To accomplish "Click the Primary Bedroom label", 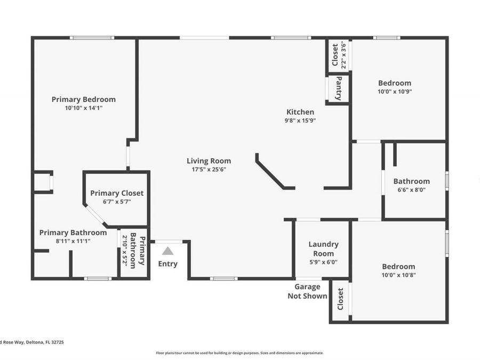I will click(83, 99).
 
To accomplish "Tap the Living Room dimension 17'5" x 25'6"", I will click(209, 170).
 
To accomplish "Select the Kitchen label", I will click(300, 112).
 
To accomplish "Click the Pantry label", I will click(338, 89).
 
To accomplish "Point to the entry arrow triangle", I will click(167, 251).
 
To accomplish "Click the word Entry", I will click(167, 264).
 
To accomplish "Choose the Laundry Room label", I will click(323, 249).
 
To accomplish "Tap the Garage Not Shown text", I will click(307, 292).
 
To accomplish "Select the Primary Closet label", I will click(117, 193).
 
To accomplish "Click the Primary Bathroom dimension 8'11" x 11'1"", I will click(73, 241).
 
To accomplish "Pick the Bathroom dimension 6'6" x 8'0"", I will click(411, 189).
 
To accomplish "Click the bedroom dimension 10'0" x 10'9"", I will click(395, 91).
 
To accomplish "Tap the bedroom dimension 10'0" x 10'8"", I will click(398, 275).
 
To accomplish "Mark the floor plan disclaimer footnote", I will click(239, 353).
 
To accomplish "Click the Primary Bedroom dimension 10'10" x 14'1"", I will click(83, 108).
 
